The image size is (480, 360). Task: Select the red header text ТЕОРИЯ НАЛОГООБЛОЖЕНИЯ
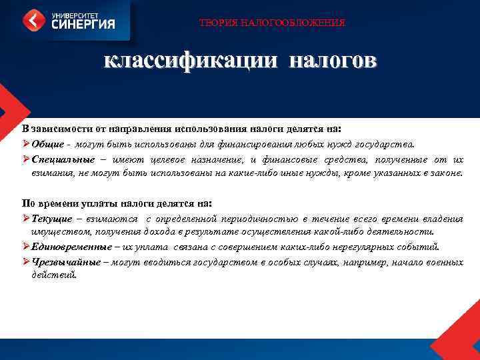pos(272,23)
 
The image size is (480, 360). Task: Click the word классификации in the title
pos(189,61)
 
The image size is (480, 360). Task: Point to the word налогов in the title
pos(333,61)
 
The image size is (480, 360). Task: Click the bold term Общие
pos(48,143)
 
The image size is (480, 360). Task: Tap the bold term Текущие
pos(53,219)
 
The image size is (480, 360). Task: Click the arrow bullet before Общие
pos(25,143)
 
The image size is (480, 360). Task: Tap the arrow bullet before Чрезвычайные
pos(25,262)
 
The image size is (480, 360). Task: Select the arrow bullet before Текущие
pos(25,219)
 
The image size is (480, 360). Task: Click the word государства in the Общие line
pos(387,143)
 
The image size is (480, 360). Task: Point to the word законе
pos(445,173)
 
